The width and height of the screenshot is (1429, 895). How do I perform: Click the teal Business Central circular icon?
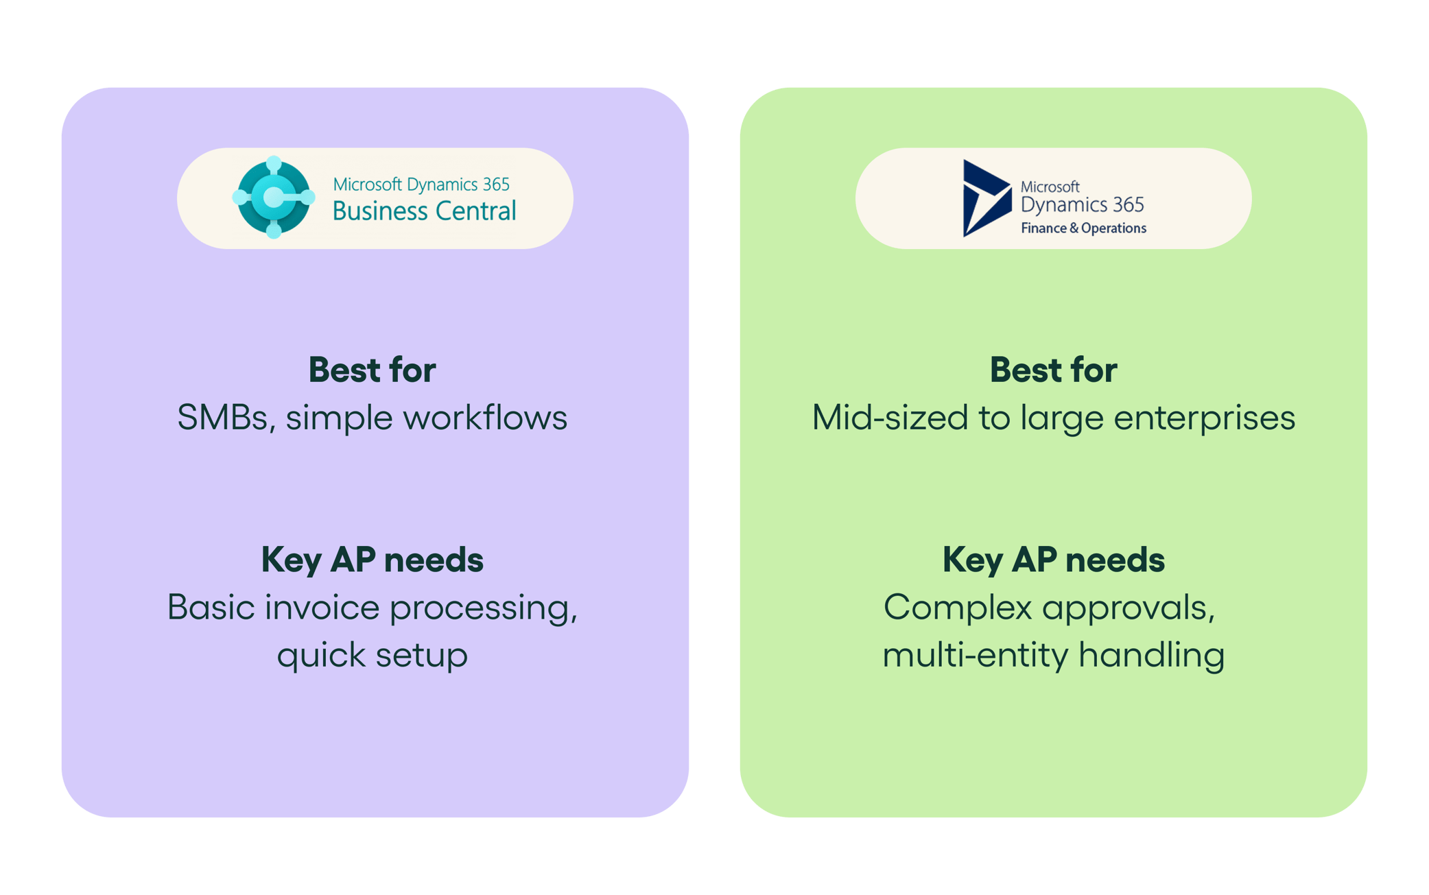pyautogui.click(x=273, y=198)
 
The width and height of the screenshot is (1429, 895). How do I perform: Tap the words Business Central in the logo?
pyautogui.click(x=424, y=211)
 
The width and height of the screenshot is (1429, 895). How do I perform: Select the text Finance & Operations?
pyautogui.click(x=1083, y=228)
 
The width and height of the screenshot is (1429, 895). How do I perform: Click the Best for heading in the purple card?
pyautogui.click(x=372, y=370)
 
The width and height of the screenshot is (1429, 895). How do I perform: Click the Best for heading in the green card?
pyautogui.click(x=1053, y=370)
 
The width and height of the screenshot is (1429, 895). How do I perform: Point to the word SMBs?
pyautogui.click(x=222, y=418)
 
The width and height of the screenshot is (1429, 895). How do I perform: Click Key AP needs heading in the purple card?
pyautogui.click(x=372, y=560)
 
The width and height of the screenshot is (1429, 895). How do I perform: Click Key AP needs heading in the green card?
pyautogui.click(x=1053, y=560)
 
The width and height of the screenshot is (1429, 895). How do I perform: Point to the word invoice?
pyautogui.click(x=322, y=608)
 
